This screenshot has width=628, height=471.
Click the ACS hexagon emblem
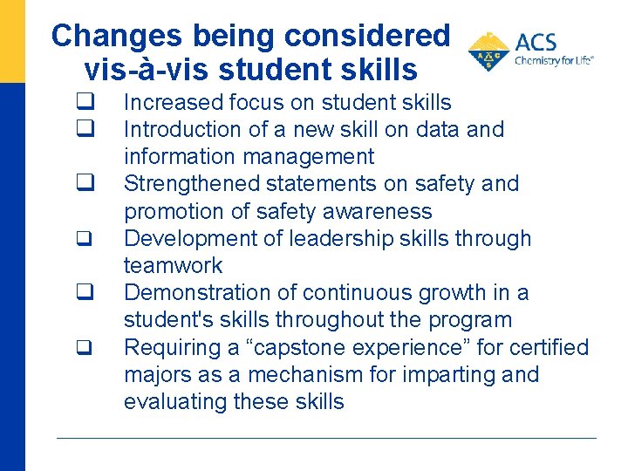488,51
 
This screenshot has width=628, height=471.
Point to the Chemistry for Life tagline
554,61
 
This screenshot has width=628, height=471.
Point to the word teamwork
173,265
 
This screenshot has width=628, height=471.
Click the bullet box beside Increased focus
85,103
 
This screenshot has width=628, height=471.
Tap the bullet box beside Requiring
85,348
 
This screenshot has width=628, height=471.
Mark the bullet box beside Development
85,239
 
